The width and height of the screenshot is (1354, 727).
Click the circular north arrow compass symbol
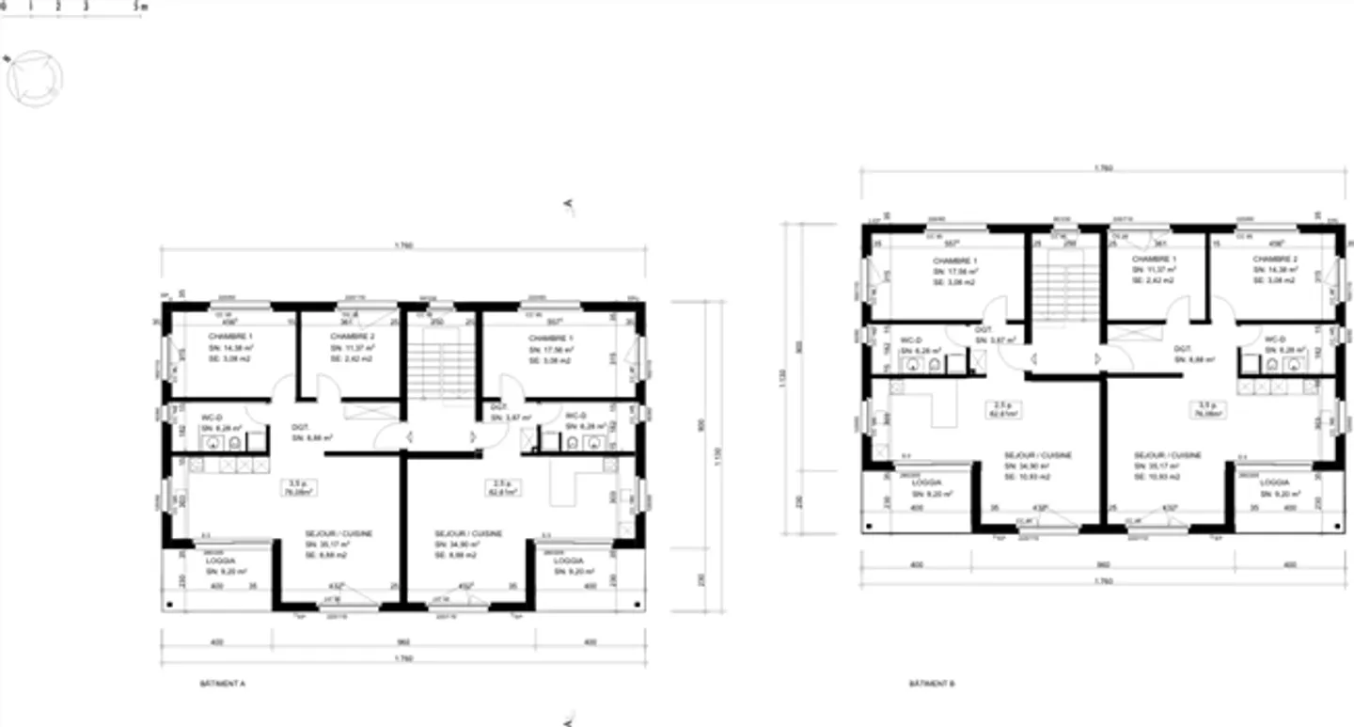34,78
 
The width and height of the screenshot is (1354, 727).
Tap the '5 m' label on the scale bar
140,6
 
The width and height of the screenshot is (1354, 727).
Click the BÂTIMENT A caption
223,684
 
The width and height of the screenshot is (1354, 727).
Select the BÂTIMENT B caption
932,684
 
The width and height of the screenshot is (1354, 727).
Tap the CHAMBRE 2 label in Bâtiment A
354,336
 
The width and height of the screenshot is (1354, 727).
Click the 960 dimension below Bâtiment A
404,643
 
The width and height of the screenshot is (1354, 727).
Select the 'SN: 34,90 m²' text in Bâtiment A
457,544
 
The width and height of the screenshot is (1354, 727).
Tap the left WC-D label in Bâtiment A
212,417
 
